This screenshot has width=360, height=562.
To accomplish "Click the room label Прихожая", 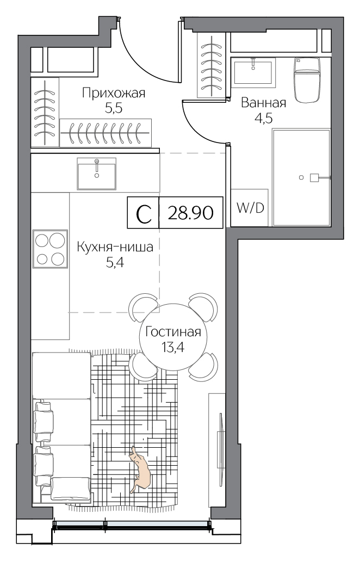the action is click(x=114, y=93).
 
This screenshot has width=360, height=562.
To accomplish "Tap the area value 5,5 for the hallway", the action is click(x=114, y=108).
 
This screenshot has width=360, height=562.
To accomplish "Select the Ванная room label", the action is click(x=264, y=103).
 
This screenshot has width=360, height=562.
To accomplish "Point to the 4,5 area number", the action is click(x=264, y=118).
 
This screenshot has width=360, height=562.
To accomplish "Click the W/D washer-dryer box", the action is click(x=250, y=207).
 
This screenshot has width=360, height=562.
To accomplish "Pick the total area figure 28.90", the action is click(x=190, y=213).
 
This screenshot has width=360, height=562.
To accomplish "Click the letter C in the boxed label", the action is click(x=144, y=214).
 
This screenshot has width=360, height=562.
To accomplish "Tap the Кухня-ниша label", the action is click(x=115, y=248).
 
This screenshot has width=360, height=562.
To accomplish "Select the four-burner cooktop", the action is click(x=50, y=249).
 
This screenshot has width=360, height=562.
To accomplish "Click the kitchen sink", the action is click(x=97, y=174).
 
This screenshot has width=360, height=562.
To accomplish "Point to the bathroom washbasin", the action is click(x=253, y=72).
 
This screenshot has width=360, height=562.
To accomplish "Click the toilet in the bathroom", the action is click(x=307, y=79).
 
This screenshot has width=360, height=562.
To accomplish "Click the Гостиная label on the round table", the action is click(x=173, y=332).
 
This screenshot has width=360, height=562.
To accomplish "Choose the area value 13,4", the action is click(x=173, y=347).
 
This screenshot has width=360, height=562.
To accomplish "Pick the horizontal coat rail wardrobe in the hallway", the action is click(x=105, y=133).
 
